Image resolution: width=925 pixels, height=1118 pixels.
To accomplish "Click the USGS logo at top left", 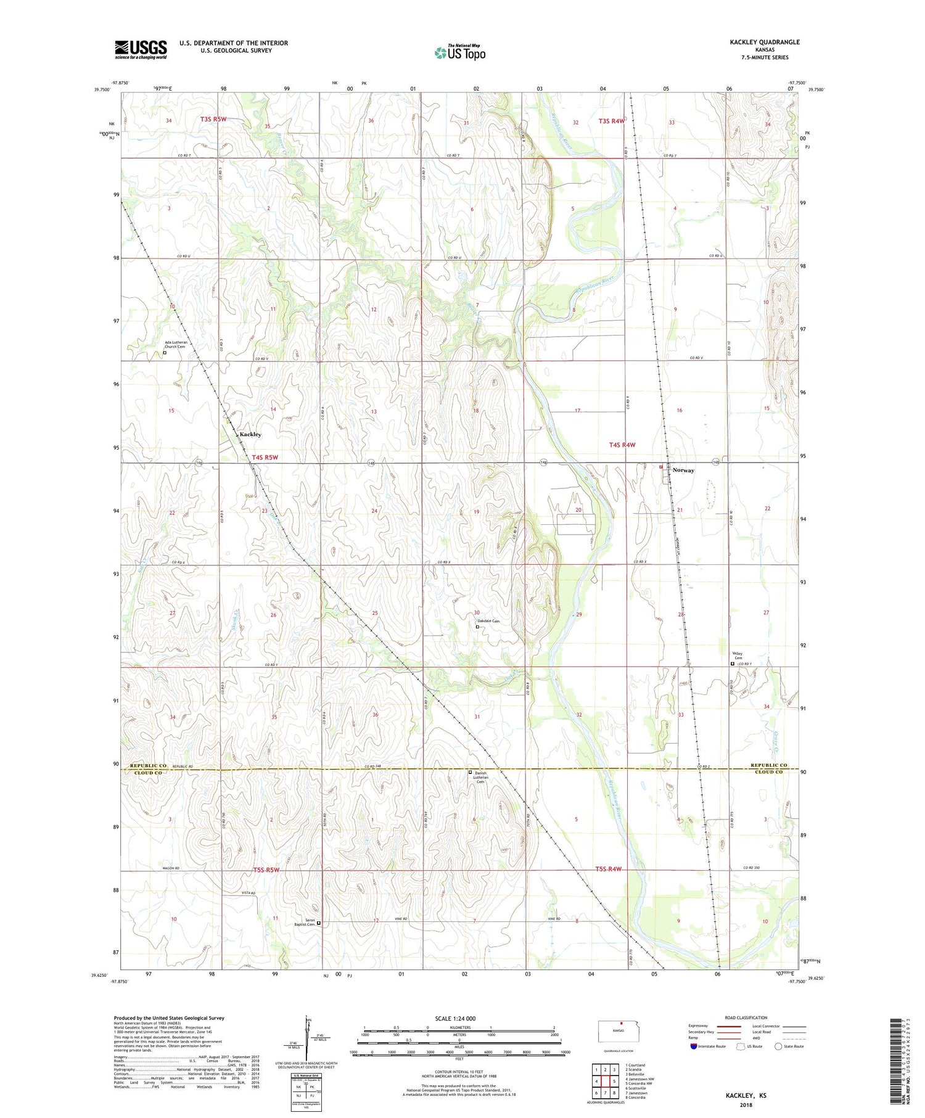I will tap(141, 49).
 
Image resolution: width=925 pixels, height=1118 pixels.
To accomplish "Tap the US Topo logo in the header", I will tap(460, 53).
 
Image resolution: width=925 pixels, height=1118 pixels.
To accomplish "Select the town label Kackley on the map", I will tap(250, 434).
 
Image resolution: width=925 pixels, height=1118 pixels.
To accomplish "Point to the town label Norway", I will tap(683, 470).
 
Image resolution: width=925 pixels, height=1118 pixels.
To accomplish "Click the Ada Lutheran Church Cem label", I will tap(176, 345).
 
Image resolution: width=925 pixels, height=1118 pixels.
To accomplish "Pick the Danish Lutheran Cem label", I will tap(481, 777).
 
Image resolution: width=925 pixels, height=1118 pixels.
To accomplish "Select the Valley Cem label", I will tap(737, 656).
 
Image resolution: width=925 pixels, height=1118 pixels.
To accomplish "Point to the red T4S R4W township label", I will tap(622, 445).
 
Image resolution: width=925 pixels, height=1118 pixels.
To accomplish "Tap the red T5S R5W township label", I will tap(266, 870).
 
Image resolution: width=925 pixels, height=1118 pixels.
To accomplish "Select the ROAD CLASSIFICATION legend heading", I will tap(746, 1017).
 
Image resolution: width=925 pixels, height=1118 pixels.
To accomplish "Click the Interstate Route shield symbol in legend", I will tap(694, 1046).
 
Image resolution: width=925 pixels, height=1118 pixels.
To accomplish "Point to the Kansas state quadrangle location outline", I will tap(619, 1030).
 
